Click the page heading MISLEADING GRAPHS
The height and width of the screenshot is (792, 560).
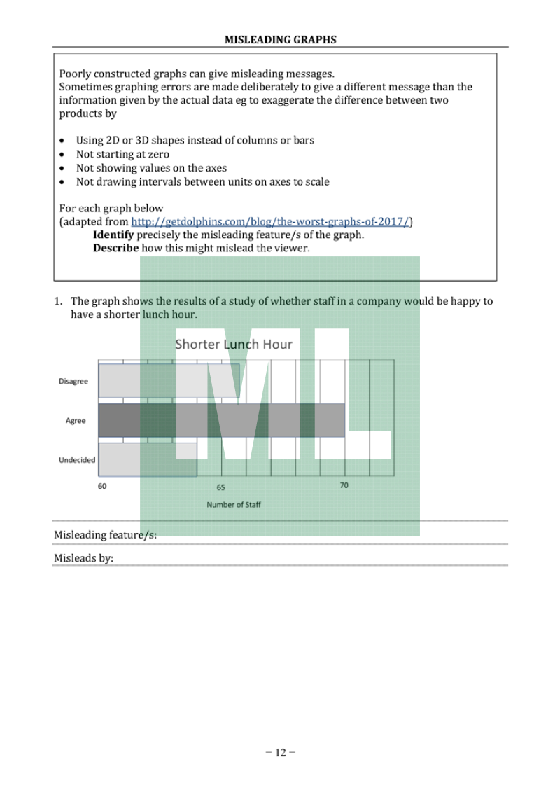(280, 40)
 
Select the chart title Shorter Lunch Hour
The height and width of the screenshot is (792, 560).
(234, 344)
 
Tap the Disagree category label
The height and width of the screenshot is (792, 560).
(73, 382)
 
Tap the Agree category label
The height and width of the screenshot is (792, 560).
(76, 421)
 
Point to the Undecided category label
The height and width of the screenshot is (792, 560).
(77, 460)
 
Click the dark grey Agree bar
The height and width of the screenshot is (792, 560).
(221, 420)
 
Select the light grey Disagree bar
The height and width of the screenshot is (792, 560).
(168, 381)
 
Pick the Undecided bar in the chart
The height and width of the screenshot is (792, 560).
(147, 459)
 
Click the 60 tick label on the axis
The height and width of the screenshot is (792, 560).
(102, 486)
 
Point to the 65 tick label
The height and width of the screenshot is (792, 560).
(220, 487)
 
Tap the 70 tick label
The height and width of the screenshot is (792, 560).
(344, 485)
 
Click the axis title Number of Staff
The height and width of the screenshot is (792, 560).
(234, 504)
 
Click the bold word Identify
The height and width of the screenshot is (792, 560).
(113, 235)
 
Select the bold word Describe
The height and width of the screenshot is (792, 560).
(116, 248)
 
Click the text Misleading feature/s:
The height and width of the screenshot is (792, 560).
(105, 536)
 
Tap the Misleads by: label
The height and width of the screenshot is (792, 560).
(84, 558)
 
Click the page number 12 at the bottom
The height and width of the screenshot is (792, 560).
(280, 753)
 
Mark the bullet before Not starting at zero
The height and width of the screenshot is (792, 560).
(63, 155)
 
